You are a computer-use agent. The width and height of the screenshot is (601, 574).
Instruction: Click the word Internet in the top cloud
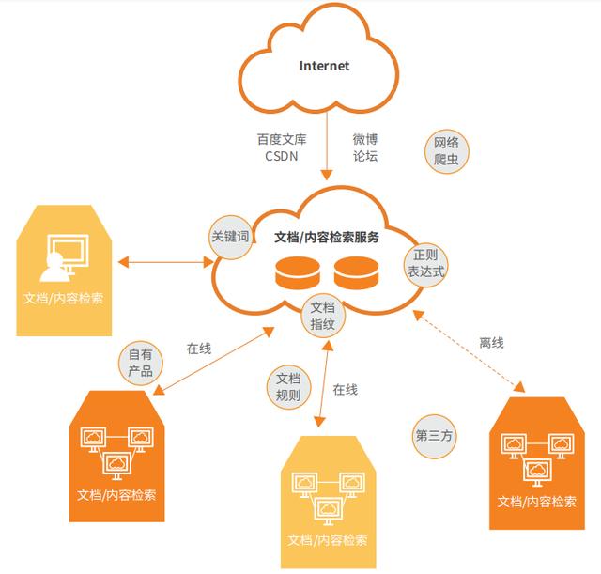[x=324, y=66]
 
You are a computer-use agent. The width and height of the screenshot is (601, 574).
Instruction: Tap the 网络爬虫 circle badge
[x=447, y=150]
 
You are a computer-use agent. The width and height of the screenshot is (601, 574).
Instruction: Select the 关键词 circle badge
[x=230, y=237]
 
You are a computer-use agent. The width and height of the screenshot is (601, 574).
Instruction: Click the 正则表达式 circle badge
[x=425, y=263]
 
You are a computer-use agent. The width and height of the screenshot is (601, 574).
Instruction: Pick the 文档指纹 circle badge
[x=323, y=316]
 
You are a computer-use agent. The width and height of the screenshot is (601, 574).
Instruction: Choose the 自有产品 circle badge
[x=141, y=363]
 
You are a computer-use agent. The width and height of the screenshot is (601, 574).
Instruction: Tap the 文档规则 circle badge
[x=288, y=386]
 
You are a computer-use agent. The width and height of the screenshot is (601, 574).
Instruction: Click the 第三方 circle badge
[x=434, y=436]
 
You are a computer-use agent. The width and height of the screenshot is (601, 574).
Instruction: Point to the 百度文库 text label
[x=282, y=139]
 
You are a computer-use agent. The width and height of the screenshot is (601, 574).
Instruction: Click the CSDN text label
[x=282, y=156]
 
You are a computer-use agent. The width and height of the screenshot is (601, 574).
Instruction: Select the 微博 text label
[x=365, y=139]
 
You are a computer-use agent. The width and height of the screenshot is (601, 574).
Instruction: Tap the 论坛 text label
[x=365, y=156]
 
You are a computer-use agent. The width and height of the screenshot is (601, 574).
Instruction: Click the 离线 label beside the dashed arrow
[x=491, y=342]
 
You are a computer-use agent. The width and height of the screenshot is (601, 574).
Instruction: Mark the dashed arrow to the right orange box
[x=469, y=351]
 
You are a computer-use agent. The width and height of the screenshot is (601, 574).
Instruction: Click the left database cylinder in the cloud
[x=298, y=273]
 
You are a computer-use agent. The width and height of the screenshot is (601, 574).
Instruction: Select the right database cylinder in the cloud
[x=357, y=273]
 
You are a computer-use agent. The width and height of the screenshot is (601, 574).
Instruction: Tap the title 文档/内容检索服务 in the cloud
[x=327, y=238]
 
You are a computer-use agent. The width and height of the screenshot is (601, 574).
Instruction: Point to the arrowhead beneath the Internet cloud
[x=327, y=176]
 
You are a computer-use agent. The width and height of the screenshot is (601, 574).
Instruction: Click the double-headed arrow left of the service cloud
[x=165, y=263]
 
